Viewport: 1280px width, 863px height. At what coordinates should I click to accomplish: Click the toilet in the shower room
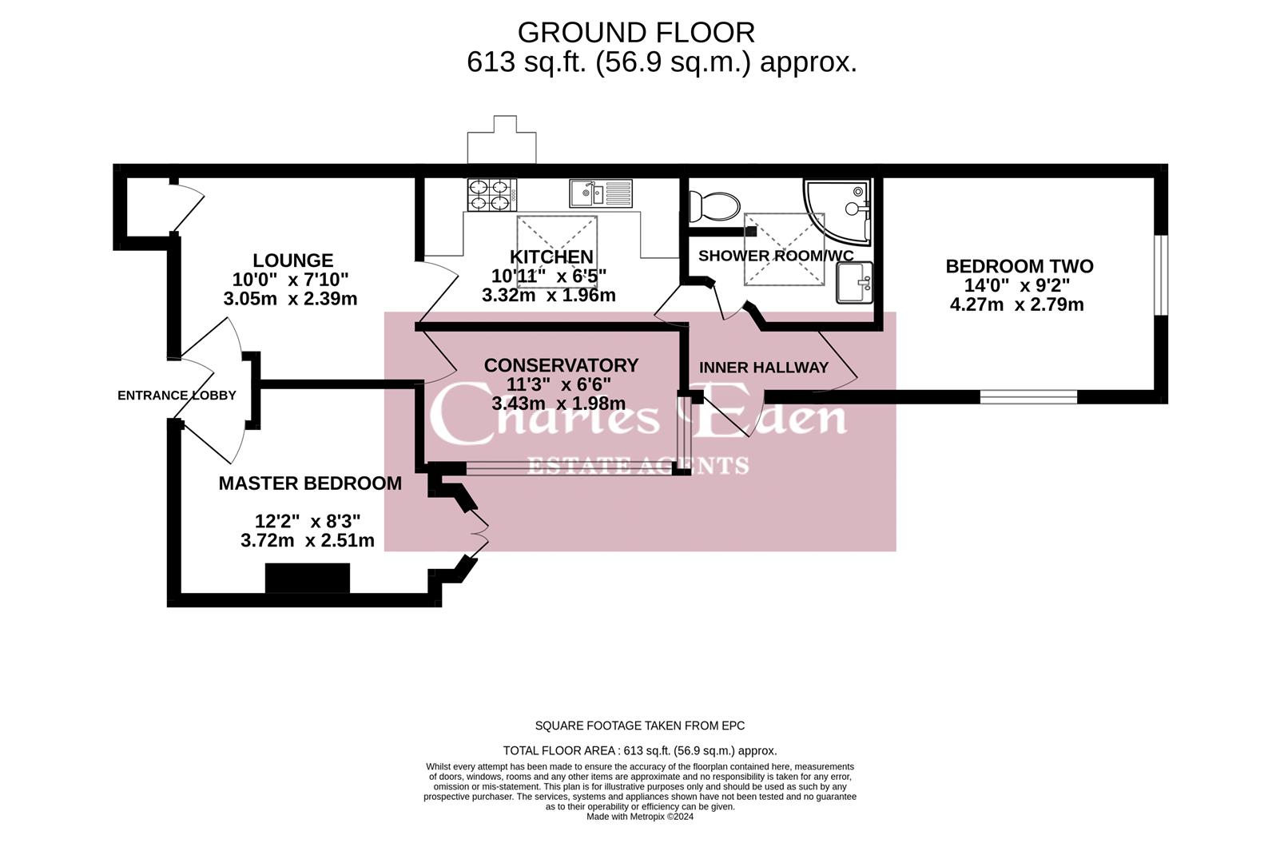[714, 206]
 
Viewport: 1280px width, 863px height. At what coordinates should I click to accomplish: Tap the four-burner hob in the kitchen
[492, 195]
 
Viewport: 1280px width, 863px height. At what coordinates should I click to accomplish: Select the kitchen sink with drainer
[601, 193]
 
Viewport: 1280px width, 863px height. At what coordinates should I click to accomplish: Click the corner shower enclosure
[837, 212]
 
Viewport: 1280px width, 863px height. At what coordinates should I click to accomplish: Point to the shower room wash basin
[854, 282]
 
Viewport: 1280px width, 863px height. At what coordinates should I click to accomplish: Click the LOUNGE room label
[293, 260]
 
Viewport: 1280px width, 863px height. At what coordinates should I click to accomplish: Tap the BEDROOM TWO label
[1020, 266]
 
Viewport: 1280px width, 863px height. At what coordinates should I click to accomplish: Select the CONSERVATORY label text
[561, 365]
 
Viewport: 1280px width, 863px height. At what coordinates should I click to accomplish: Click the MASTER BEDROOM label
[310, 483]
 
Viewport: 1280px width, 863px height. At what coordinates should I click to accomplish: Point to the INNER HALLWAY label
[764, 368]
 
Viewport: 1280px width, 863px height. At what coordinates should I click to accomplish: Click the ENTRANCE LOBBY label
[177, 396]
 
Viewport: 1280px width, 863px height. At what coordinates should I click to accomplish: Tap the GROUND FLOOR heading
[636, 33]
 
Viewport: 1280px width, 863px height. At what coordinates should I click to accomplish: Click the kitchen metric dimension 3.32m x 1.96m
[549, 296]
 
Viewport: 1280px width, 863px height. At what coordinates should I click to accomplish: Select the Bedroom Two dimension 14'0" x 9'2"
[1017, 285]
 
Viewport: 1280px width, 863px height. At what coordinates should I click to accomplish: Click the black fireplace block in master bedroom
[308, 578]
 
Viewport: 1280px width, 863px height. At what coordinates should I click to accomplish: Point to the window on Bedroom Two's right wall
[1160, 275]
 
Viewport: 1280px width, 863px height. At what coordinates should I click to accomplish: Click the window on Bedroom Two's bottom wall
[1028, 397]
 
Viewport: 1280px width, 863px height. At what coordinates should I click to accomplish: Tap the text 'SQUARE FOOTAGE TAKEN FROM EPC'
[640, 726]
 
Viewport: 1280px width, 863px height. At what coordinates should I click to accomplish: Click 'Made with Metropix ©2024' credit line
[640, 817]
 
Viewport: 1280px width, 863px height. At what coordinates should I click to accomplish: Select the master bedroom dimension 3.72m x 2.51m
[308, 541]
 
